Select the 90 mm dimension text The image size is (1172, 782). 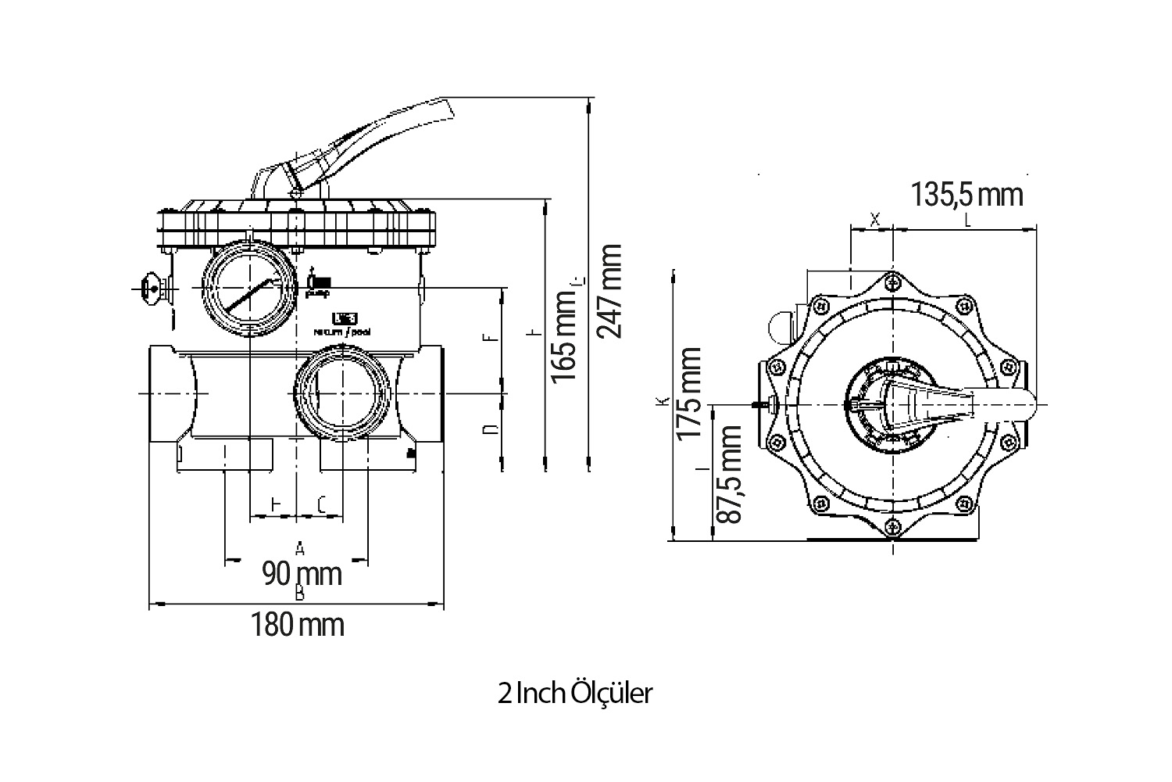click(x=302, y=573)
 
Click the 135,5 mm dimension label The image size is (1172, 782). click(x=967, y=194)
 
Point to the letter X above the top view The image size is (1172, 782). click(x=874, y=221)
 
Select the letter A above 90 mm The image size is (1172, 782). click(x=298, y=546)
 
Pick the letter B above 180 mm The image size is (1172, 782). click(x=298, y=594)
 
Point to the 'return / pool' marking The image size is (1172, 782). click(x=341, y=332)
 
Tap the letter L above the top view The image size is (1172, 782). click(x=967, y=221)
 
